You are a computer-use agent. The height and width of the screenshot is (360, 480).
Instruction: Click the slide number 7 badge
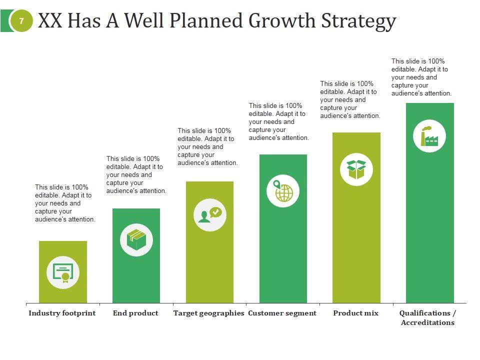click(x=21, y=21)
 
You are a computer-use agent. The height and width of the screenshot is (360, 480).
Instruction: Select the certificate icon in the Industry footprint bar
click(x=63, y=272)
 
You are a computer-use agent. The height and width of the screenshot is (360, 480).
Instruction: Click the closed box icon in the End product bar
click(x=136, y=240)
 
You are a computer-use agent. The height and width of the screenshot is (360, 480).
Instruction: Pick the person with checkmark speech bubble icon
click(x=210, y=214)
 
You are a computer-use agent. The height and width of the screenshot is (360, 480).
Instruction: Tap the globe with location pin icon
click(x=283, y=190)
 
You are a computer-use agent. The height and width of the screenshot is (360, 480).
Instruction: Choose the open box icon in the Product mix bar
click(x=356, y=169)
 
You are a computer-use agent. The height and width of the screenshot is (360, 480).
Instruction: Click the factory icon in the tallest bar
click(x=429, y=136)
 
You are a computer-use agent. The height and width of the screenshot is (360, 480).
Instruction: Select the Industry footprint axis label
click(x=62, y=313)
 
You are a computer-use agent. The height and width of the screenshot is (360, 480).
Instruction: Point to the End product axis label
click(x=135, y=313)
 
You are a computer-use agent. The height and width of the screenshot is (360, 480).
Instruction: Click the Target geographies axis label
click(x=208, y=313)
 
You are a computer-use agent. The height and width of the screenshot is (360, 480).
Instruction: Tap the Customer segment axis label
click(x=282, y=313)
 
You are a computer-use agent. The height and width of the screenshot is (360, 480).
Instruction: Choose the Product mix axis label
click(x=355, y=313)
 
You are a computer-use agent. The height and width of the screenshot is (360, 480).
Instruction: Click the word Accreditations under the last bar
click(x=427, y=323)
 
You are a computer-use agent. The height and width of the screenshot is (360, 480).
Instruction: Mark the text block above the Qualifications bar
click(x=421, y=77)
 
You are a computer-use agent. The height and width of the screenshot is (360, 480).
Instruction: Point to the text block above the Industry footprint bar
click(x=65, y=203)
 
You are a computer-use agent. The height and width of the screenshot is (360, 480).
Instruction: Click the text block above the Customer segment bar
click(x=278, y=121)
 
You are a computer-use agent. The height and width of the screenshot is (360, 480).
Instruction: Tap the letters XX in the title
click(x=50, y=21)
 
